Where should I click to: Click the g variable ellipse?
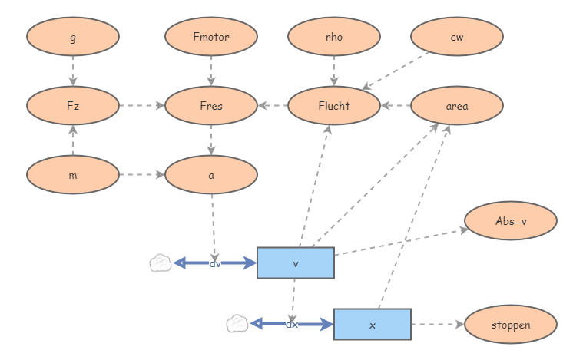(73, 36)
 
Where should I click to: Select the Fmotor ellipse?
(211, 36)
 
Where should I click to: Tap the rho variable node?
(334, 36)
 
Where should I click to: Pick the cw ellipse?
(457, 36)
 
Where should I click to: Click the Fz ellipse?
(73, 105)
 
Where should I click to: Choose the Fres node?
(211, 105)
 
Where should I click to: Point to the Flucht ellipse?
(334, 105)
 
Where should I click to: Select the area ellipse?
(457, 105)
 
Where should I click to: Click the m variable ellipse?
(73, 174)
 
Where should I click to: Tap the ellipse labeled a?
(211, 174)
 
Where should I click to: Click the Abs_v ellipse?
(511, 220)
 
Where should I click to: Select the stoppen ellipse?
(511, 325)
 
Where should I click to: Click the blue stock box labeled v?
(296, 263)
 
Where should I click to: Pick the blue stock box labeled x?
(373, 325)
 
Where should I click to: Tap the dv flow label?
(215, 264)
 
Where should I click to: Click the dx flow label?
(292, 325)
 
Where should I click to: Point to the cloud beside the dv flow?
(161, 263)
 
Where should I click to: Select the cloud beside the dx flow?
(237, 324)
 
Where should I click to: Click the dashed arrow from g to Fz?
(73, 71)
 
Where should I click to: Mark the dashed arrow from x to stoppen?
(438, 325)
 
